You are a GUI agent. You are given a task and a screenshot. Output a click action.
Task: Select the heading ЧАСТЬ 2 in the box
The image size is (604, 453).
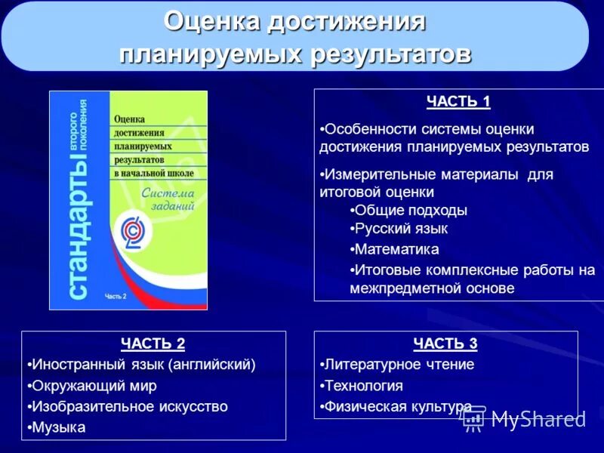tap(153, 344)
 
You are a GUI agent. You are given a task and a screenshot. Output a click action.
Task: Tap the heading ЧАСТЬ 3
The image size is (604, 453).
tap(445, 344)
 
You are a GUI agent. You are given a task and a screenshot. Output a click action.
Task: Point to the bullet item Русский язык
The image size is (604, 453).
tap(402, 229)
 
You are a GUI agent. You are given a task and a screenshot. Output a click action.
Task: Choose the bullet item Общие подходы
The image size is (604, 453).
tap(411, 210)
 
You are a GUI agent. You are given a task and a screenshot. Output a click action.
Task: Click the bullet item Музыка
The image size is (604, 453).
tap(58, 427)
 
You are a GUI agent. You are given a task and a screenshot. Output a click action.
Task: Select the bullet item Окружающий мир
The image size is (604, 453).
tap(94, 386)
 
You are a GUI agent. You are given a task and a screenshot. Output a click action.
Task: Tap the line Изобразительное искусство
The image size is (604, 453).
tap(129, 406)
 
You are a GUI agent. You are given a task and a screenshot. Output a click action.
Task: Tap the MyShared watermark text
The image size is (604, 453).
tap(538, 419)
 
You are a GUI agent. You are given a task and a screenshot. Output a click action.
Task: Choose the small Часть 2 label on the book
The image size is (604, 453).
tap(116, 296)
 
